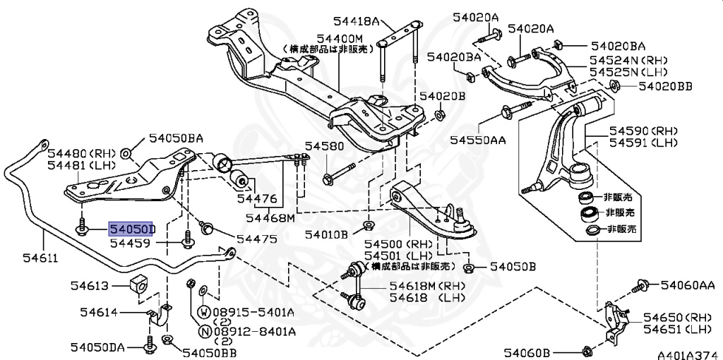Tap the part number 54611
23,259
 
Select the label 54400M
339,37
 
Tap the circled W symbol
203,311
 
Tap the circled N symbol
203,331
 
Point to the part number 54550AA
477,140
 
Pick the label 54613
89,285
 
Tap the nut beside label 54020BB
614,86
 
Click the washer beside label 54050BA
126,153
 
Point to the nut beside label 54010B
367,226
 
